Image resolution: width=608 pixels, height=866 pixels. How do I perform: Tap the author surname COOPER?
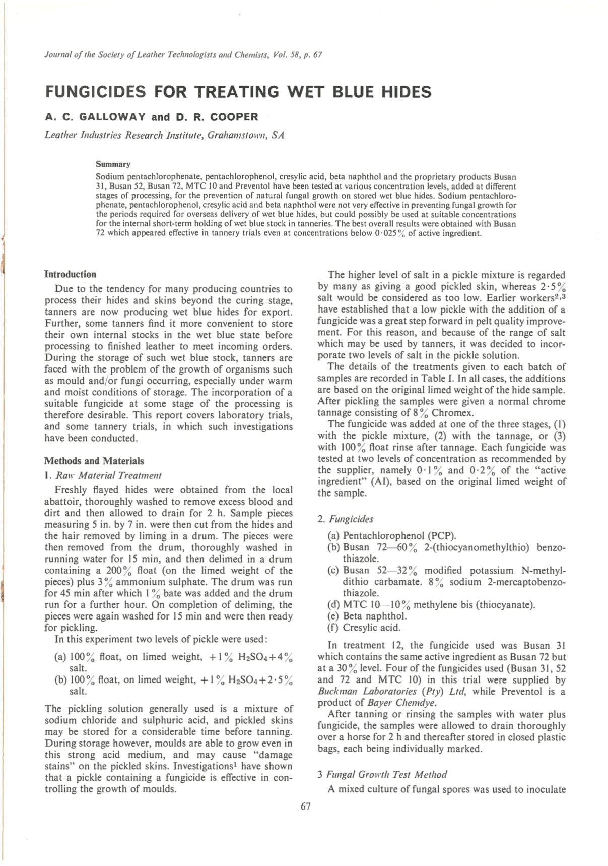(x=234, y=117)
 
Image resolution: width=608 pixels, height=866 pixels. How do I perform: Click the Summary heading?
(x=113, y=164)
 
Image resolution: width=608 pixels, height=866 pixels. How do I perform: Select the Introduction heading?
(x=70, y=274)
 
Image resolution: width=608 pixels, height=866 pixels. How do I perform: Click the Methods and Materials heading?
(x=94, y=461)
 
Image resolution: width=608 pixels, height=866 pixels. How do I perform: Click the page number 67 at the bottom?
(x=305, y=806)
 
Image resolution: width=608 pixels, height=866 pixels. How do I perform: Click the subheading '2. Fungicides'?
(x=346, y=519)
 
